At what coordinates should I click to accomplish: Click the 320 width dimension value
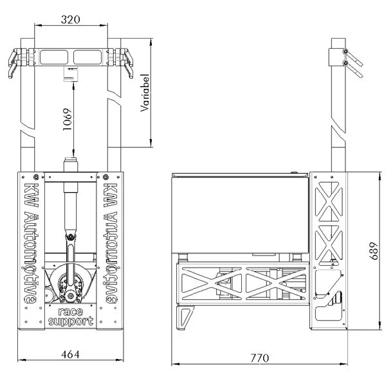coord(71,20)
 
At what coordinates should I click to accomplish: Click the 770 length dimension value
coord(259,357)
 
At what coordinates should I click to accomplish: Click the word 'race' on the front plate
coord(70,311)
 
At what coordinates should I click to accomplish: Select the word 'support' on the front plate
coord(70,320)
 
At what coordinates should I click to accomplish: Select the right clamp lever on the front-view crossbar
coord(127,65)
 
